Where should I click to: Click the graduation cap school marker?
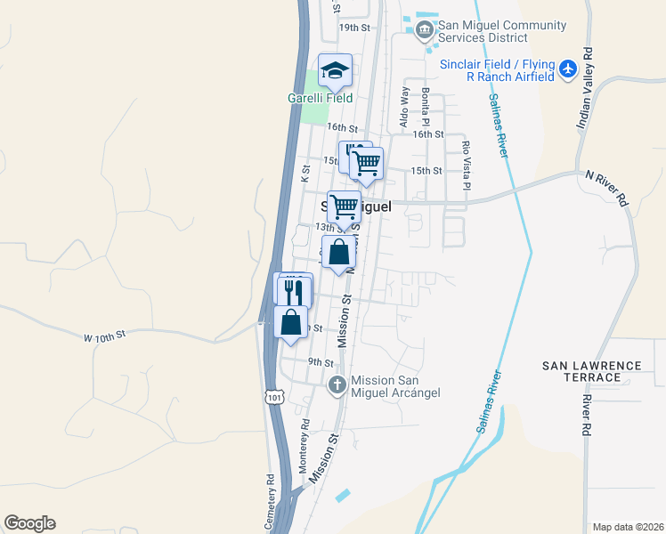[x=336, y=70]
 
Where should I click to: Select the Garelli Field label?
[x=320, y=98]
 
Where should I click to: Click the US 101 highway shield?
[x=274, y=397]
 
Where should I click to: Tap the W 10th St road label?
[x=106, y=336]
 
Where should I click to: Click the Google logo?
[x=29, y=523]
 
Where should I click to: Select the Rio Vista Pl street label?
[x=465, y=164]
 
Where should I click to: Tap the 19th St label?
[x=353, y=28]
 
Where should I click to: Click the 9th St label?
[x=320, y=362]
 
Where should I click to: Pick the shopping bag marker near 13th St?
[x=338, y=253]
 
